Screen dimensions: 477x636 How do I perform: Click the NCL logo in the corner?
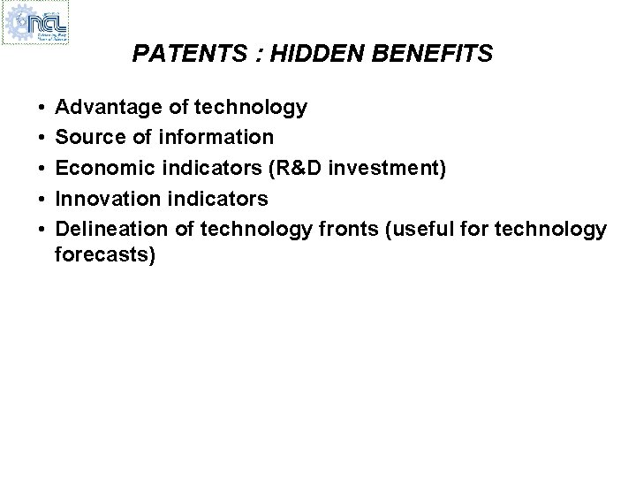coord(37,24)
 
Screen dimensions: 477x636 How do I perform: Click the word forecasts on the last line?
coord(103,256)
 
